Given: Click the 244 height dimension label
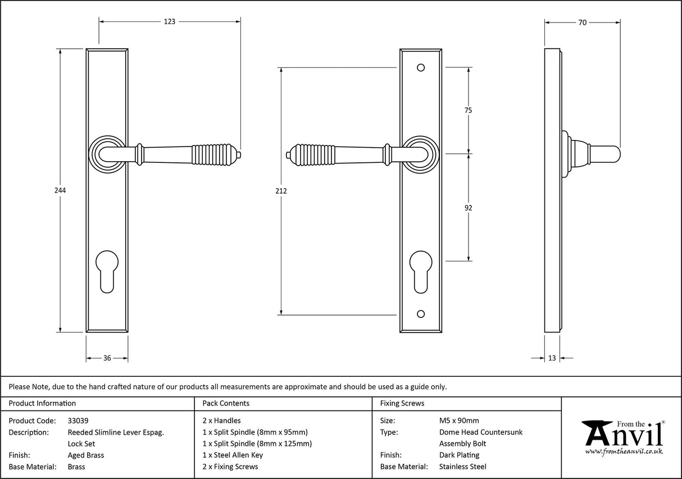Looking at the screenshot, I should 60,190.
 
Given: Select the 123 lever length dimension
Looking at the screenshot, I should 170,22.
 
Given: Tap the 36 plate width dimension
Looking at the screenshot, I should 107,358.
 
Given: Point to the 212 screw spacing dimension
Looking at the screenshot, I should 281,191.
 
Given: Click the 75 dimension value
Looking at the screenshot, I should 468,111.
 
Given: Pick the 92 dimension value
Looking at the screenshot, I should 468,208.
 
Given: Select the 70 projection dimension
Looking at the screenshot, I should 582,22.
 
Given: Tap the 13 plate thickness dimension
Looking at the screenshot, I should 552,358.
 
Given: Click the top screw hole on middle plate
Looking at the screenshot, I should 421,68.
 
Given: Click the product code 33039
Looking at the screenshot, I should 78,420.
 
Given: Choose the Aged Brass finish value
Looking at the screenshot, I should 85,455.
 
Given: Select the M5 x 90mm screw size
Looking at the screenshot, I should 459,420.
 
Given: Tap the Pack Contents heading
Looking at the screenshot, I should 226,403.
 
